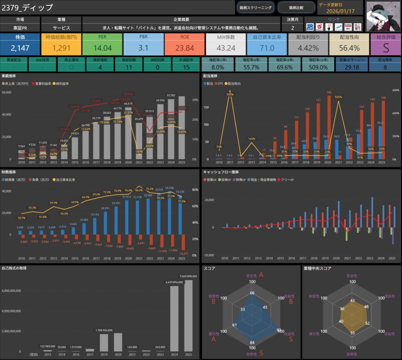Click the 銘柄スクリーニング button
pyautogui.click(x=256, y=7)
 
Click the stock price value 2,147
pyautogui.click(x=20, y=48)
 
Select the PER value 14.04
pyautogui.click(x=103, y=48)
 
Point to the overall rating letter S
pyautogui.click(x=386, y=48)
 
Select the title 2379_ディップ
pyautogui.click(x=27, y=7)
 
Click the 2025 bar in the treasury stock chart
pyautogui.click(x=189, y=316)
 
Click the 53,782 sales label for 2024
pyautogui.click(x=171, y=95)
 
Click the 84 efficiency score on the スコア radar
pyautogui.click(x=252, y=343)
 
